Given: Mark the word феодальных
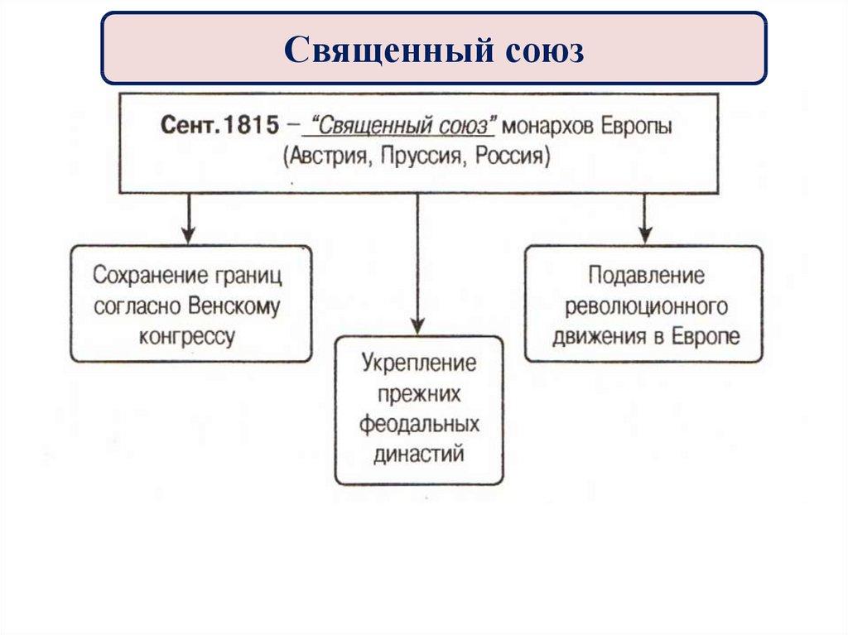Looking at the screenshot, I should tap(420, 424).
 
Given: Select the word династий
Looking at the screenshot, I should tap(420, 454).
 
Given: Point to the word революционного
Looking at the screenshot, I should tap(646, 306).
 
